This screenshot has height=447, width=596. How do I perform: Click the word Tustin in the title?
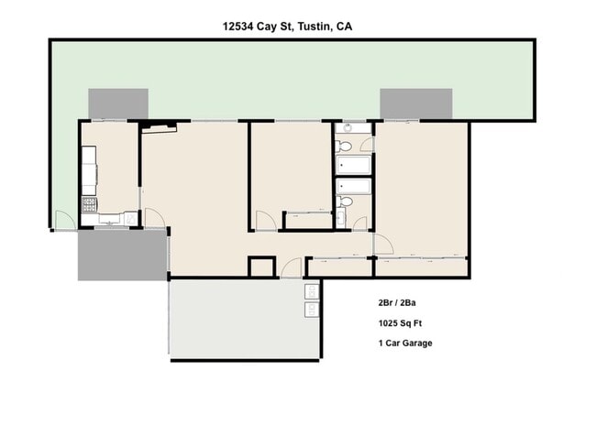point(310,27)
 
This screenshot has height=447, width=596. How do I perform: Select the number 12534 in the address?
point(240,27)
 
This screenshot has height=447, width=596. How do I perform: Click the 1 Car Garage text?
point(404,343)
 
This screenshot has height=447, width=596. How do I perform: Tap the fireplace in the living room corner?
point(158,128)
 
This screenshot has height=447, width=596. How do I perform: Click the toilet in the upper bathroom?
point(344,146)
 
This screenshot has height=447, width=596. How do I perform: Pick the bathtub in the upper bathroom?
point(353,165)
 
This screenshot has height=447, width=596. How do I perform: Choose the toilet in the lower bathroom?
point(345,201)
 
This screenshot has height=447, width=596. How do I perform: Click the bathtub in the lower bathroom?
point(353,186)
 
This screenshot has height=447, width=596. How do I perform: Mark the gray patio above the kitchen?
point(118,104)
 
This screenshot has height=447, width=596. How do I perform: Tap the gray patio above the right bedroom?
point(415,104)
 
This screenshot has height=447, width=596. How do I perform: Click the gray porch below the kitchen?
point(122,255)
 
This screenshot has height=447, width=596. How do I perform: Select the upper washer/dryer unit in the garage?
point(312,291)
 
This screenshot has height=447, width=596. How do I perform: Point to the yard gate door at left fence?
point(63,221)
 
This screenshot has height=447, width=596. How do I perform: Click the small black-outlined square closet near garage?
point(261,267)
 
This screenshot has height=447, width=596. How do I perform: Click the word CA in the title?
point(344,27)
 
